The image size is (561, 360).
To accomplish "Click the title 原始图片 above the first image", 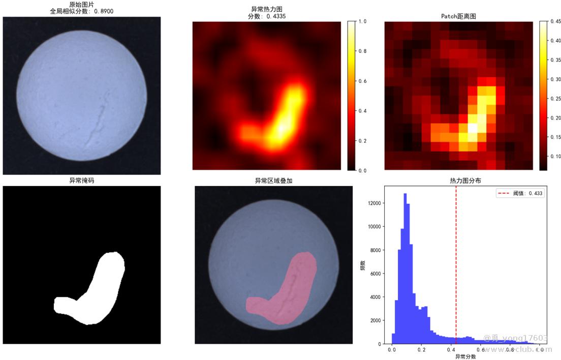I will pos(82,5).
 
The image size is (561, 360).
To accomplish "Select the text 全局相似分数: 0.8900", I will pos(82,11).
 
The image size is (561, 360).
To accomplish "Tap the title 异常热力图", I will pos(266,9).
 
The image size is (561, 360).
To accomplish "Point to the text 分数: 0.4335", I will pos(266,16).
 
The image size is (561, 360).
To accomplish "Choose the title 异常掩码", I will pos(82,181).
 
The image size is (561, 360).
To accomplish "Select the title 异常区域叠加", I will pos(273,181).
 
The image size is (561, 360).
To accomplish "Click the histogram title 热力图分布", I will pos(466,181).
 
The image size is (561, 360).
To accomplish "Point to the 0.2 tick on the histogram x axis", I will pos(421,350).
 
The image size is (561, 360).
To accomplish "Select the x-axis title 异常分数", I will pos(465,356).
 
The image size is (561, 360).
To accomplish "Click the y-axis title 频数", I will pos(363,265).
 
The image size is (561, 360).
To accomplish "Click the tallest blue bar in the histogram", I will pos(405,269).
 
